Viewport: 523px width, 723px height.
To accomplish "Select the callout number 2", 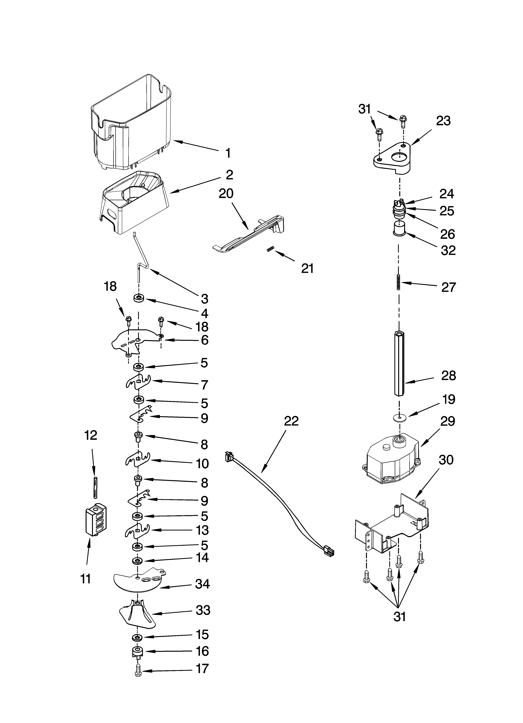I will (x=229, y=175).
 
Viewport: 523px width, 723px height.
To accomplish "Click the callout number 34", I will (x=203, y=584).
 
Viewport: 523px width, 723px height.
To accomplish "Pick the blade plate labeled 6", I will (x=134, y=341).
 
